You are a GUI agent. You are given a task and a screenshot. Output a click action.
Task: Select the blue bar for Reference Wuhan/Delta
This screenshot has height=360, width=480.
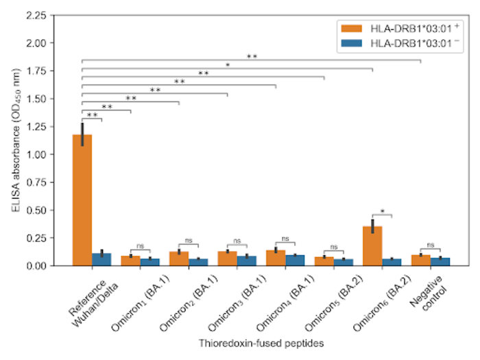(x=101, y=259)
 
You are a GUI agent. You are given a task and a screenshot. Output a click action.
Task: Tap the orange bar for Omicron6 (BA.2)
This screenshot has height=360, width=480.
(x=372, y=246)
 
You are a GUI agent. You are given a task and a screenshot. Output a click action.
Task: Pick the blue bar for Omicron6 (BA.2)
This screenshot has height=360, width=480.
(x=392, y=262)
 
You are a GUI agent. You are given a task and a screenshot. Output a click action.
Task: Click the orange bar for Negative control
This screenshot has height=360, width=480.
(x=420, y=261)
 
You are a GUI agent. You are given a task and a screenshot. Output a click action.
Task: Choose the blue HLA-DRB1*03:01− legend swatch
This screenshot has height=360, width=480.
(x=351, y=43)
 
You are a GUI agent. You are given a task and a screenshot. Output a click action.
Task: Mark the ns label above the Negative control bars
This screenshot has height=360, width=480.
(x=431, y=245)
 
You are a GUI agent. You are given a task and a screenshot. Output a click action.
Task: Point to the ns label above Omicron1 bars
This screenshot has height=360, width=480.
(x=141, y=246)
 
